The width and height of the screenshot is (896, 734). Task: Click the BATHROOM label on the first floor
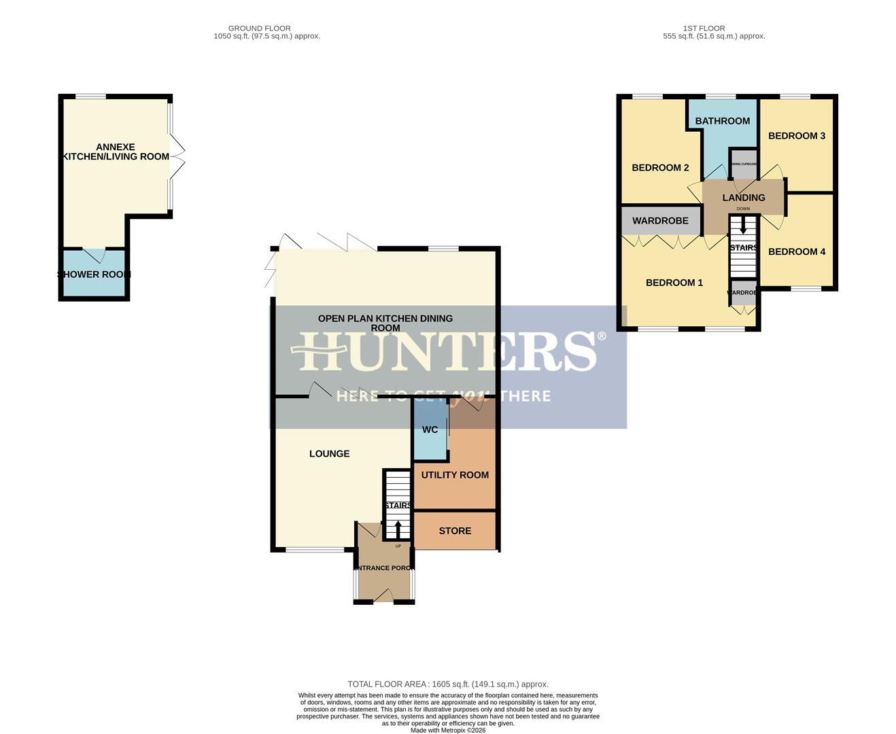point(722,121)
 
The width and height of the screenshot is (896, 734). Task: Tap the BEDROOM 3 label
point(796,136)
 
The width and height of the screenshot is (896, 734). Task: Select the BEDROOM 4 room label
point(796,251)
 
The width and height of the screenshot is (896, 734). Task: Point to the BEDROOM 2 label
point(660,168)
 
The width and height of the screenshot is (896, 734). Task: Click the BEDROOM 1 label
point(674,283)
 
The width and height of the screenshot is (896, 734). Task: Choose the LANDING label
point(743,198)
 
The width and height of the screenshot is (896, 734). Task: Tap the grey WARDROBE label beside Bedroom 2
point(660,221)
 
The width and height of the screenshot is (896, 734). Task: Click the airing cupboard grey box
point(743,164)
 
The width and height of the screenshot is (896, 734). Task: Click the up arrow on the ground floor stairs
point(398,529)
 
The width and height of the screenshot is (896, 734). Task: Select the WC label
point(430,430)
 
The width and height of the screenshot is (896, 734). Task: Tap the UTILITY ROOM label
point(455,475)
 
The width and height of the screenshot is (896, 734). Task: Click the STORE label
point(455,531)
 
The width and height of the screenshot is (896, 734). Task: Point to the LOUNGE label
point(329,453)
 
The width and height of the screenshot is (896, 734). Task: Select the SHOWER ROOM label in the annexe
point(94,275)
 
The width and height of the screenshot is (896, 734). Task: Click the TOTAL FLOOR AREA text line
point(447,684)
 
